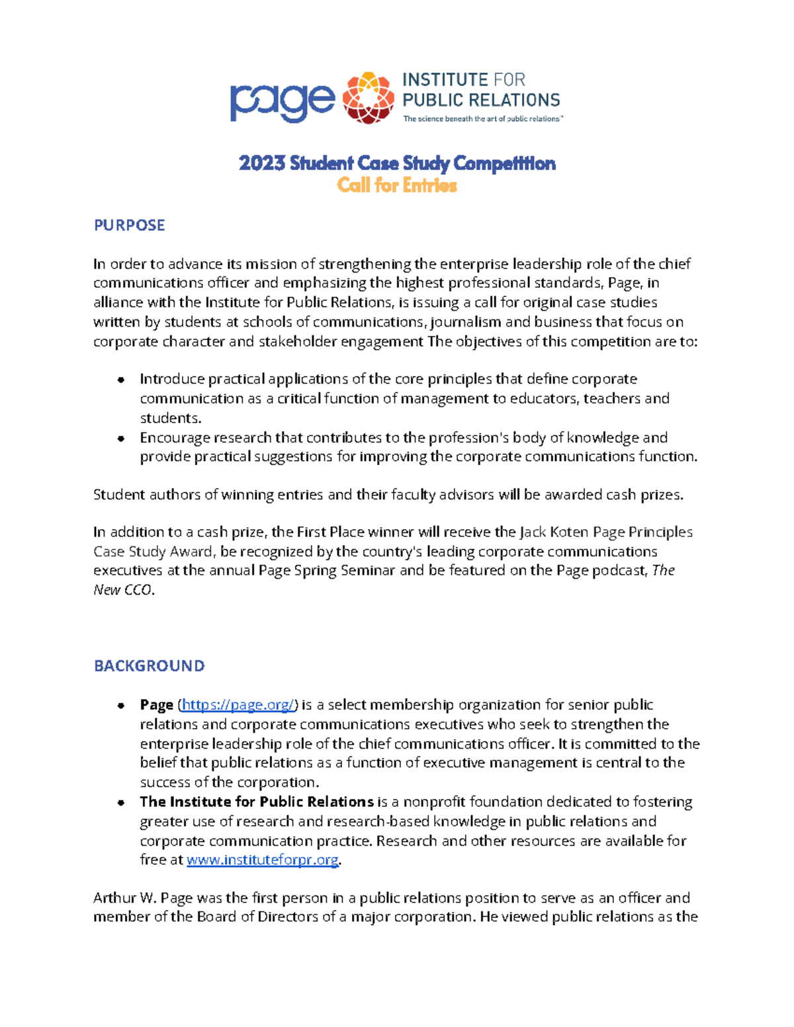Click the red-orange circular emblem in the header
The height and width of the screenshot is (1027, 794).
pos(368,98)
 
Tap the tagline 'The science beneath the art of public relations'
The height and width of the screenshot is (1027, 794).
pos(482,119)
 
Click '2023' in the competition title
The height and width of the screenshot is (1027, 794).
pos(261,163)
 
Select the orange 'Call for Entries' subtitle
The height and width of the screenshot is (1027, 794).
pos(397,185)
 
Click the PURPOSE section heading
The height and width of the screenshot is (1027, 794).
pos(129,226)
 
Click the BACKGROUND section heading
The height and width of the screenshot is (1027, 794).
pos(149,666)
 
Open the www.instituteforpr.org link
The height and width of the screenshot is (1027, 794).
pos(263,860)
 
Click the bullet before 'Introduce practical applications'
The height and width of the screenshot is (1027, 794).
pos(121,380)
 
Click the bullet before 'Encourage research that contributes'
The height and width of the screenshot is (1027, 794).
pos(121,438)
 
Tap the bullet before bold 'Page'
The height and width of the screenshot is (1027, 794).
pos(121,706)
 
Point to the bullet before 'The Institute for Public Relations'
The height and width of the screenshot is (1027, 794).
pos(121,803)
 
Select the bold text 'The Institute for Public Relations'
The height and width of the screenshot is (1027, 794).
pos(257,802)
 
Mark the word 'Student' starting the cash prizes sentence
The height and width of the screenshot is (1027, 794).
pos(116,495)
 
